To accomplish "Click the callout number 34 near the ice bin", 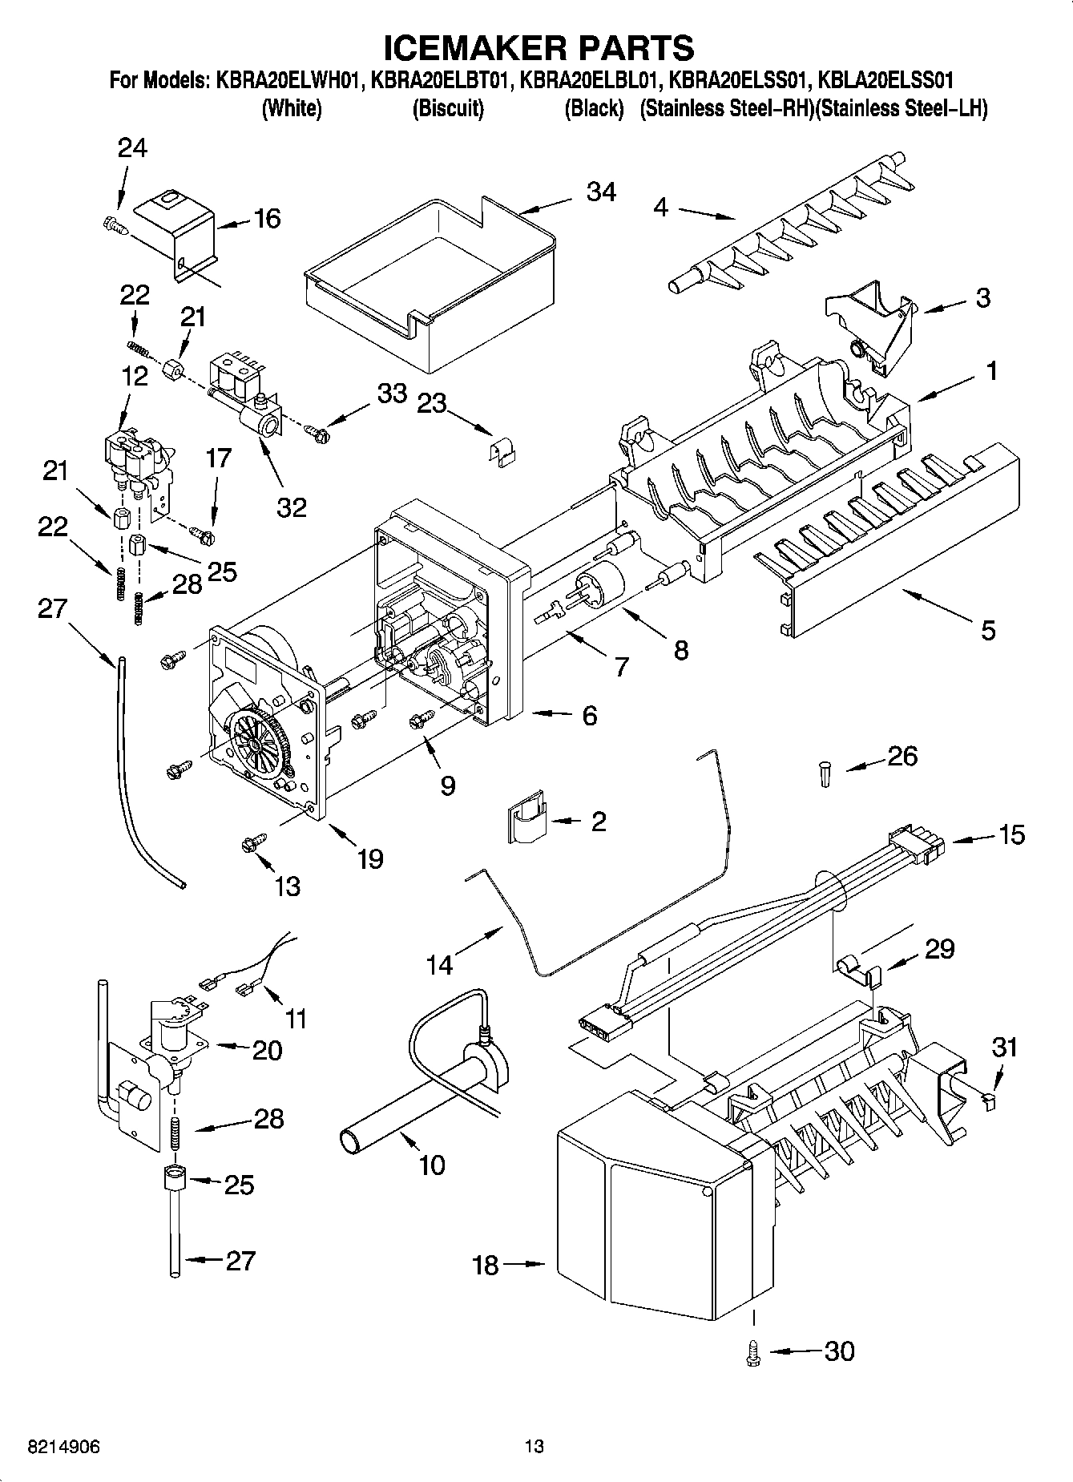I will tap(601, 192).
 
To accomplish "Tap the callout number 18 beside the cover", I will tap(486, 1265).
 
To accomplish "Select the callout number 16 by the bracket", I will tap(267, 218).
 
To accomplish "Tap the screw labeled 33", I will tap(317, 431).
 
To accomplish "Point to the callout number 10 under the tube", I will tap(432, 1165).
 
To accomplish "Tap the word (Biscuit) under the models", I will tap(448, 109).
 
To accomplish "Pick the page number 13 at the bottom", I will tap(534, 1446).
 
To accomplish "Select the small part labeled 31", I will tap(990, 1102).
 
